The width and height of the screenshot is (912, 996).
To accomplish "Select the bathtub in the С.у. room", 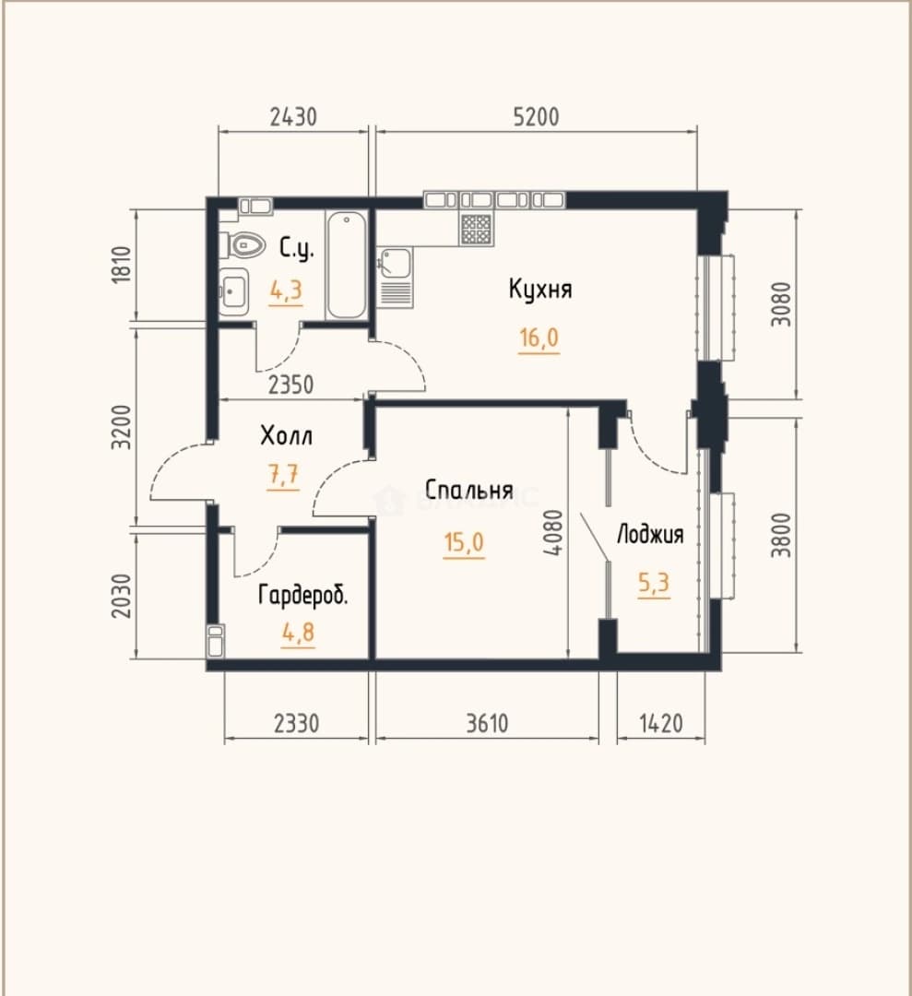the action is pyautogui.click(x=347, y=265).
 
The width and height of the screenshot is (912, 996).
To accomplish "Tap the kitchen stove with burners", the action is pyautogui.click(x=476, y=229).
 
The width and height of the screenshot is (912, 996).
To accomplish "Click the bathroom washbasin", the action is pyautogui.click(x=233, y=291).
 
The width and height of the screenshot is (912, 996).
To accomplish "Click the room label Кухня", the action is pyautogui.click(x=540, y=290).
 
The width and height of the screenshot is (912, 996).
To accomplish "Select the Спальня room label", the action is pyautogui.click(x=468, y=491).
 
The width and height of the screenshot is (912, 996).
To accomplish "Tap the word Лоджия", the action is pyautogui.click(x=650, y=534).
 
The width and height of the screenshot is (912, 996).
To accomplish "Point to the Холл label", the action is pyautogui.click(x=286, y=435).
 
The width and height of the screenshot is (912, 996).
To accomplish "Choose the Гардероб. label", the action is pyautogui.click(x=303, y=595).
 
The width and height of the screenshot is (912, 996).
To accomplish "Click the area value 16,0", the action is pyautogui.click(x=539, y=338).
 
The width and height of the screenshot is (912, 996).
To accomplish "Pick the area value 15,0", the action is pyautogui.click(x=464, y=543).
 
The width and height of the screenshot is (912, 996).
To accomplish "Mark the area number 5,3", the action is pyautogui.click(x=654, y=583).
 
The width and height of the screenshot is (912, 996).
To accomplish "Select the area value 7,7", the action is pyautogui.click(x=283, y=475).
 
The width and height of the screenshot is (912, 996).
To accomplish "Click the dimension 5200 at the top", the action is pyautogui.click(x=537, y=117).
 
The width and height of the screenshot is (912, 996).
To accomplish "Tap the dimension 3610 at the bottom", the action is pyautogui.click(x=487, y=723).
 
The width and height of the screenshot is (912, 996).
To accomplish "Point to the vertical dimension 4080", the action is pyautogui.click(x=553, y=533).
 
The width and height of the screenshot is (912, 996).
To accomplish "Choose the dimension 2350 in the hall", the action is pyautogui.click(x=290, y=385).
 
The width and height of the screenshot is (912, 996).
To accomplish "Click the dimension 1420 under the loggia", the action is pyautogui.click(x=661, y=723).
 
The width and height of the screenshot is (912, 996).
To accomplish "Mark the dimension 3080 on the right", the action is pyautogui.click(x=783, y=304).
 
